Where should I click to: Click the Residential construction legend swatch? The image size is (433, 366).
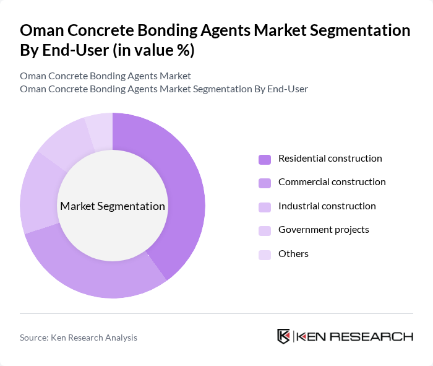coord(265,159)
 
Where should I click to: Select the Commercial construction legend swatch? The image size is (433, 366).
coord(265,183)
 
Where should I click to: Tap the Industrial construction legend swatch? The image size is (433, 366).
coord(265,206)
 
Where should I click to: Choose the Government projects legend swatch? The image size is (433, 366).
coord(265,230)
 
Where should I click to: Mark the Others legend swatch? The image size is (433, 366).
coord(265,254)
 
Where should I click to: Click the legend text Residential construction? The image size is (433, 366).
coord(330,159)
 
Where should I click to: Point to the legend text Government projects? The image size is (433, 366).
coord(324,230)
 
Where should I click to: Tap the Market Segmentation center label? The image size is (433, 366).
coord(113,206)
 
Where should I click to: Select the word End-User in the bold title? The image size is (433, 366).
coord(74,51)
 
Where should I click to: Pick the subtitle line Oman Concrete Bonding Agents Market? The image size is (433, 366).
coord(105,76)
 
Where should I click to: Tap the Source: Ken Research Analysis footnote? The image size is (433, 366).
coord(79,338)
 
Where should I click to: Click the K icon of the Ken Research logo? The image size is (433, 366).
coord(283,336)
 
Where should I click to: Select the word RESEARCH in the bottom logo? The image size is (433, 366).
coord(377,336)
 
